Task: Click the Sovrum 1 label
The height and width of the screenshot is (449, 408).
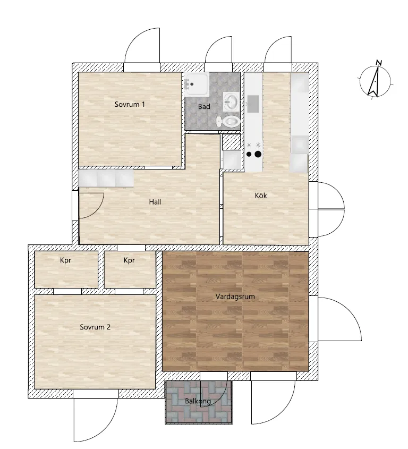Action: click(130, 104)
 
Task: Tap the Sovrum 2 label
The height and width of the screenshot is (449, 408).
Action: click(95, 327)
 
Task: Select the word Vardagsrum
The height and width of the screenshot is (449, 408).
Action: click(235, 296)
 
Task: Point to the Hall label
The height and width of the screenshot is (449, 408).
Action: click(155, 202)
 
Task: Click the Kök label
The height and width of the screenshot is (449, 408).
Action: click(261, 196)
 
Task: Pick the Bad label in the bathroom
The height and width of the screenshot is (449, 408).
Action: click(204, 106)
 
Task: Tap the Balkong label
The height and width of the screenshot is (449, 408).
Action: click(198, 401)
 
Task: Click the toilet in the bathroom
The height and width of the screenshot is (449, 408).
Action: click(228, 121)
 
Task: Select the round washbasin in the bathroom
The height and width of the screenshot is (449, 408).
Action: click(231, 101)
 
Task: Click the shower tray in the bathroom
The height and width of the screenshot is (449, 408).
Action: click(197, 84)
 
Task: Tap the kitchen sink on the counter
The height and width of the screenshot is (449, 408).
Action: click(253, 104)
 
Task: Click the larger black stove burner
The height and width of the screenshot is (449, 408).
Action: click(258, 154)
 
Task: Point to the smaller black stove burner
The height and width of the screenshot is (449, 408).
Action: click(249, 154)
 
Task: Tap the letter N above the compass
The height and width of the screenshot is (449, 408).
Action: click(379, 62)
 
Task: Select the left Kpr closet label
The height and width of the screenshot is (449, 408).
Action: click(65, 260)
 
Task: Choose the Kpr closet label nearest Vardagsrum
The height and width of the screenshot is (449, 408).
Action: click(129, 260)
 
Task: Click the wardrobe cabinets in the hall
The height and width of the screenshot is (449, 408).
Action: click(106, 178)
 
